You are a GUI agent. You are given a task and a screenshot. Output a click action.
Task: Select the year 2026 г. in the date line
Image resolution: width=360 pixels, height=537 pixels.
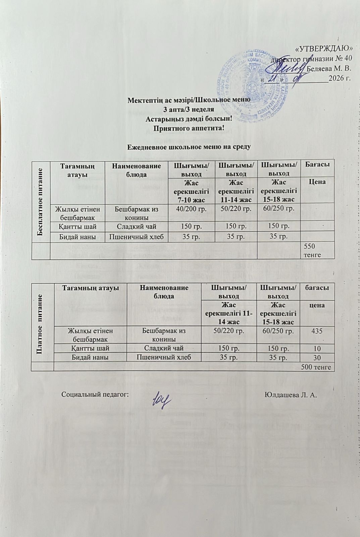(x=340, y=79)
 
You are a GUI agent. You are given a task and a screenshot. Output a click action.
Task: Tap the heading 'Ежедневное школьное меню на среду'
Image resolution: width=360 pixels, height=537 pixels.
(x=189, y=146)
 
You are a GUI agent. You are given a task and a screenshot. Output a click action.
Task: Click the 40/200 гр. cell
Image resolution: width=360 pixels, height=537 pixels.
(x=191, y=208)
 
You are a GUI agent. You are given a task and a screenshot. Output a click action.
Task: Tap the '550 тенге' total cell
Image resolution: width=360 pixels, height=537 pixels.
(x=312, y=250)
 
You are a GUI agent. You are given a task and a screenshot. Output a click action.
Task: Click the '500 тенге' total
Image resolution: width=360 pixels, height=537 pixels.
(x=316, y=367)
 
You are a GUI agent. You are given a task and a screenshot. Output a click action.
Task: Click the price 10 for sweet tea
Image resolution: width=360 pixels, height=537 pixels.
(x=317, y=348)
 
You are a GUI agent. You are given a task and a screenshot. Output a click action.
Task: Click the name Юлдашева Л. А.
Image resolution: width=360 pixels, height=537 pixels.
(x=291, y=394)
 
